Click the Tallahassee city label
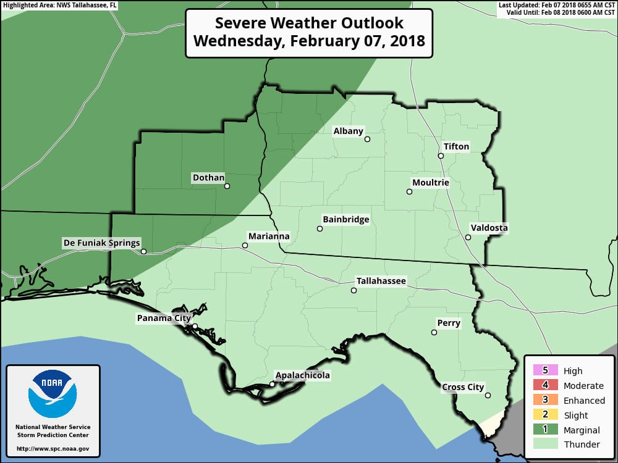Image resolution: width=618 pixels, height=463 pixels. click(x=381, y=281)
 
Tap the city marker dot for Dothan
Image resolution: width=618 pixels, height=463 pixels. click(x=227, y=186)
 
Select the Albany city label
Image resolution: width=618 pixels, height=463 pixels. click(x=349, y=131)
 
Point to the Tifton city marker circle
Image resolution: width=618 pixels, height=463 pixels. click(x=441, y=156)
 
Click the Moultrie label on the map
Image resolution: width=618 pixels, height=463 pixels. click(x=430, y=183)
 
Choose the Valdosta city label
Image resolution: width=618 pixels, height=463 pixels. click(x=489, y=228)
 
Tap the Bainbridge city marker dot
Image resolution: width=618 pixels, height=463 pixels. click(x=320, y=229)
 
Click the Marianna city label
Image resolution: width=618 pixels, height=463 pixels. click(x=268, y=236)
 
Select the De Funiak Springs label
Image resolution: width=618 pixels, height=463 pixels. click(x=102, y=243)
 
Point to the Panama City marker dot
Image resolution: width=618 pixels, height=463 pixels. click(x=195, y=327)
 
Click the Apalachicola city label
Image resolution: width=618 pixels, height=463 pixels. click(x=302, y=375)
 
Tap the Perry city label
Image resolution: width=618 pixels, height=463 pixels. click(x=449, y=323)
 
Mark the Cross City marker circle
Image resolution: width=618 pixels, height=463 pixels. click(x=488, y=396)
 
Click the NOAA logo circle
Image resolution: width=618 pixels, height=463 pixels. click(x=53, y=393)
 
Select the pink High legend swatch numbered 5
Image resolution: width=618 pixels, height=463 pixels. click(x=544, y=371)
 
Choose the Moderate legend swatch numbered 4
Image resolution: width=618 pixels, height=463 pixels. click(x=544, y=386)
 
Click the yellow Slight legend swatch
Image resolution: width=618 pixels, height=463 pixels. click(x=544, y=415)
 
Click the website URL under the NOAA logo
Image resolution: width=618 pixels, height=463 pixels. click(x=53, y=449)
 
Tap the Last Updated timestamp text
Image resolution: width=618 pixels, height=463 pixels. click(x=556, y=5)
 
